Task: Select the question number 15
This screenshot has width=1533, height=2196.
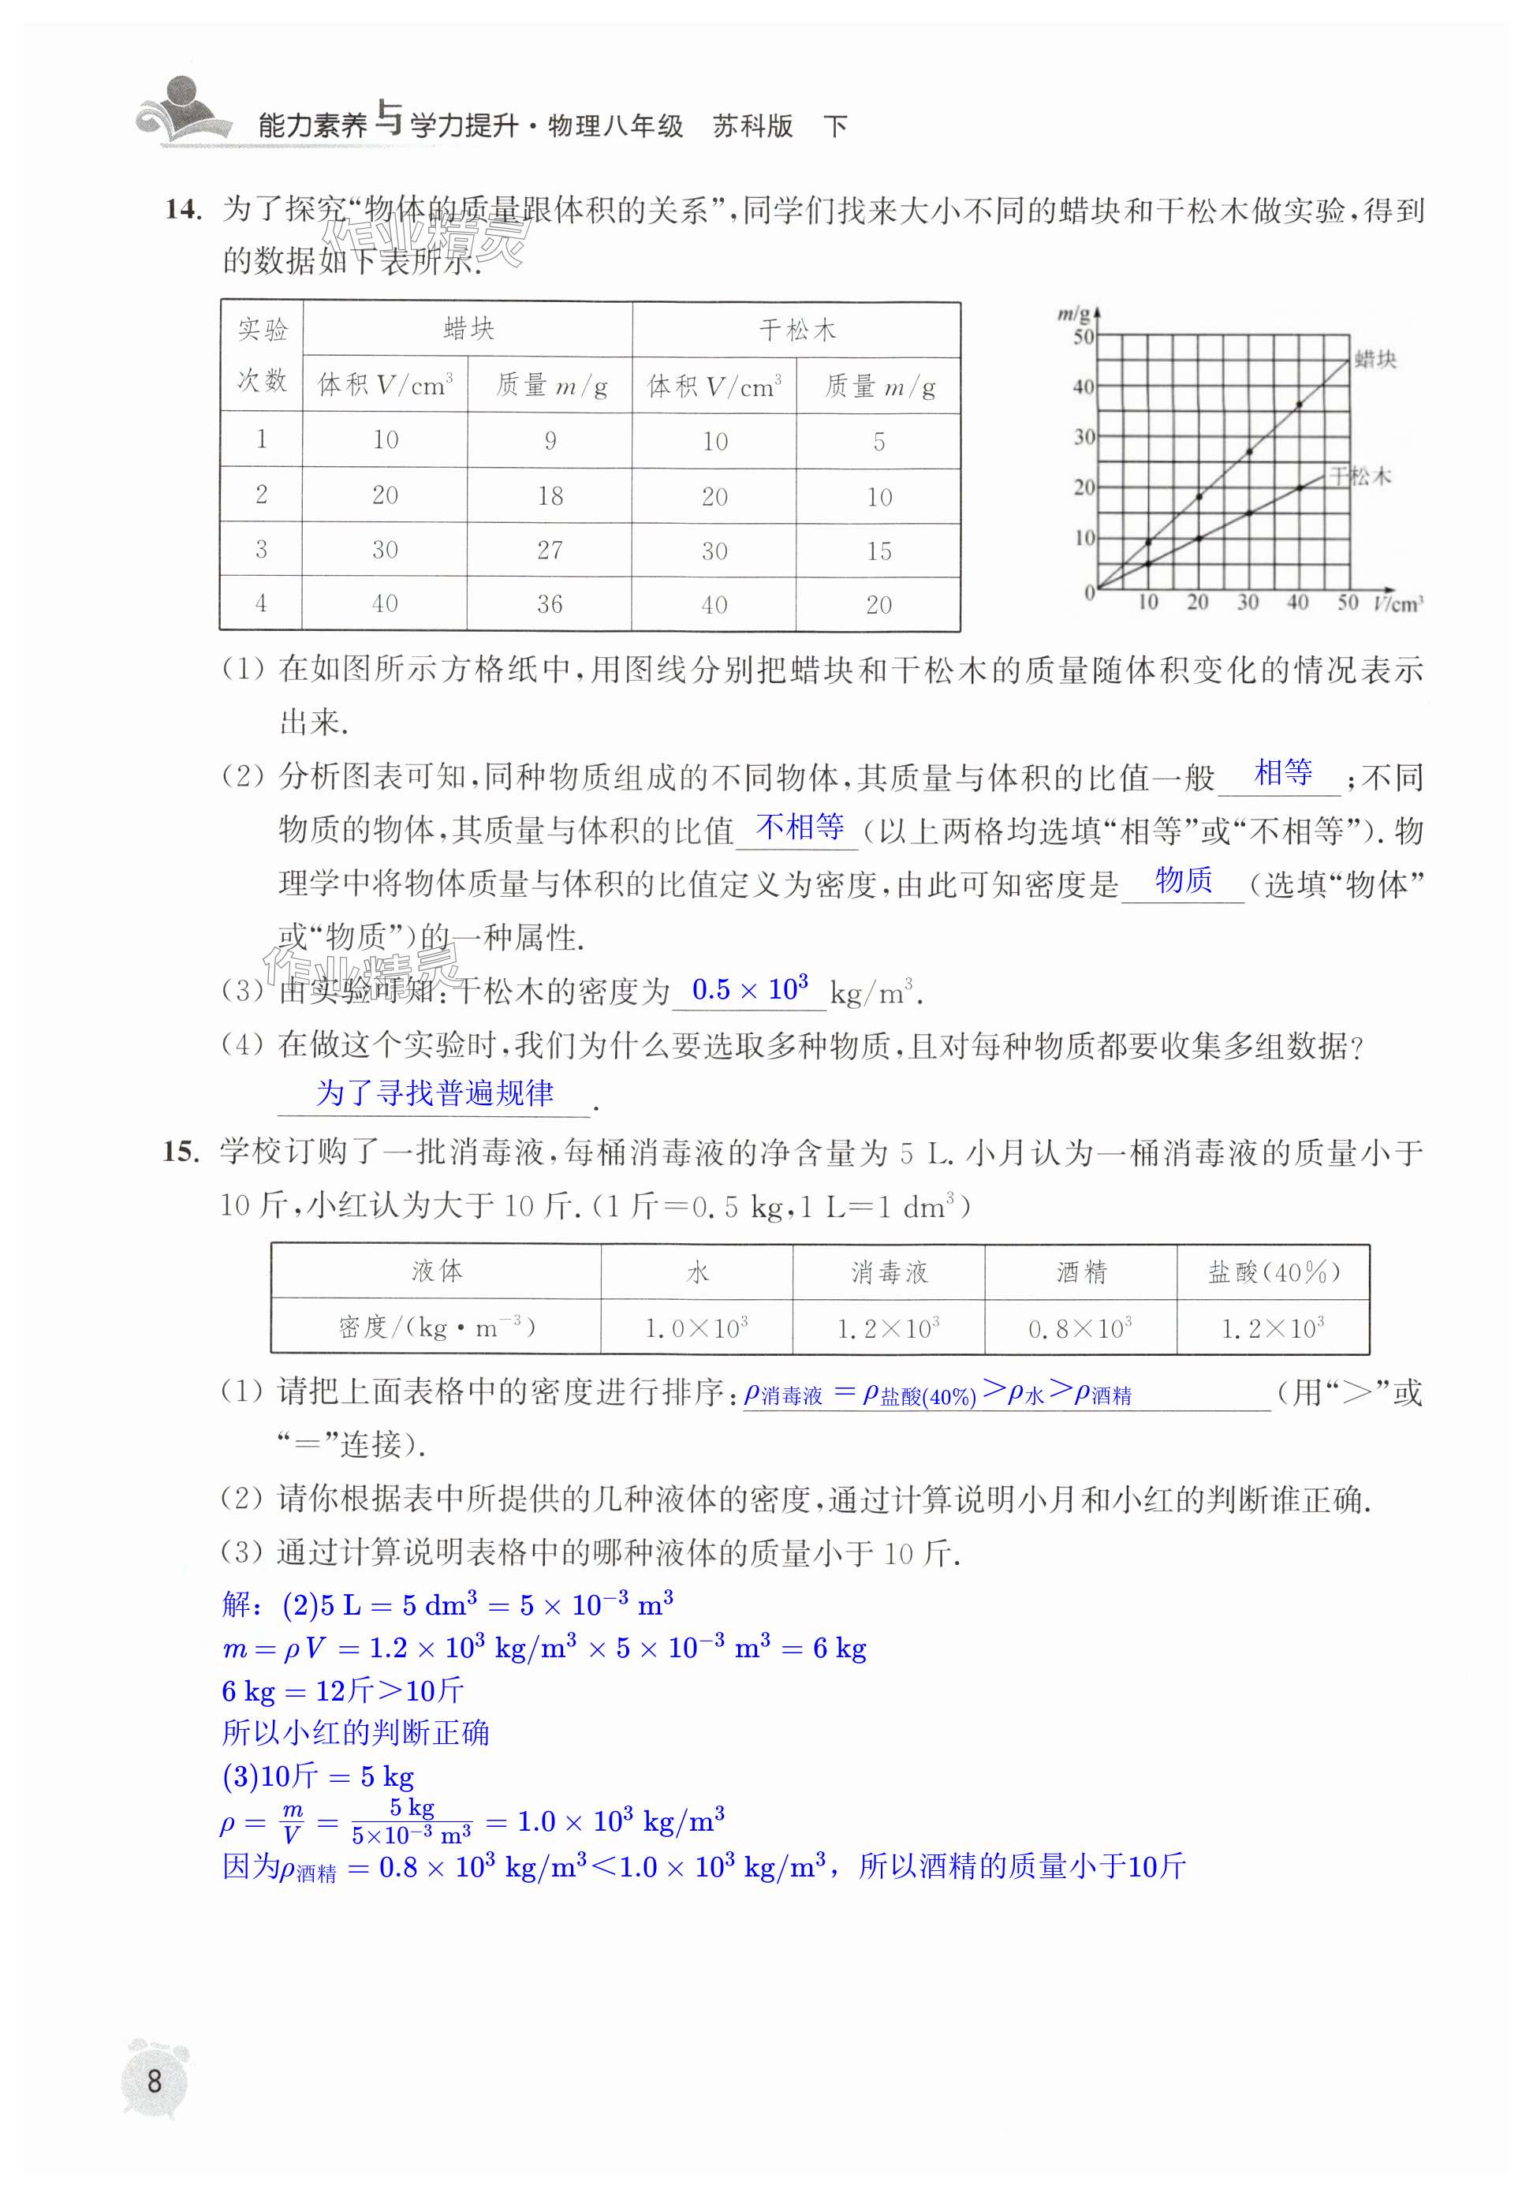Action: tap(181, 1151)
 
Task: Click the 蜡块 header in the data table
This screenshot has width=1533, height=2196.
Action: tap(468, 329)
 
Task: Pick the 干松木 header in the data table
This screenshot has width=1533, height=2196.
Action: tap(797, 330)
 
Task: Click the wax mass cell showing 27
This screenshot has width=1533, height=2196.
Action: tap(550, 550)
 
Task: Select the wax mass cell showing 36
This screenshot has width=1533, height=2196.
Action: tap(550, 603)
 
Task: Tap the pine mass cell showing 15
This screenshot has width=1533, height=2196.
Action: tap(878, 551)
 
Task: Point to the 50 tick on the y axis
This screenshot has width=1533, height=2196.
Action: tap(1083, 337)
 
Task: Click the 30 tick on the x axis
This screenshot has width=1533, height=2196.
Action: tap(1247, 603)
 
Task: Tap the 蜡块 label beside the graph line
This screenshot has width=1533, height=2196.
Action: tap(1375, 360)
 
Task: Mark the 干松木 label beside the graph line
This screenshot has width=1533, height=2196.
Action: tap(1361, 476)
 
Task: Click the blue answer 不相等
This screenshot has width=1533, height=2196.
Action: tap(800, 827)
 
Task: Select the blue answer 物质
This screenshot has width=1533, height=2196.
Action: tap(1183, 880)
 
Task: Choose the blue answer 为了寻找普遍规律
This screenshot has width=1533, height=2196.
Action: tap(435, 1092)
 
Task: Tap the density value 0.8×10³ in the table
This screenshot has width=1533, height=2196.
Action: tap(1080, 1328)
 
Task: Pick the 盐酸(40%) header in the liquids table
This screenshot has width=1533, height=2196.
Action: tap(1273, 1272)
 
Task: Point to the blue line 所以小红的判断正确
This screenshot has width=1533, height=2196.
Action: tap(356, 1732)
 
